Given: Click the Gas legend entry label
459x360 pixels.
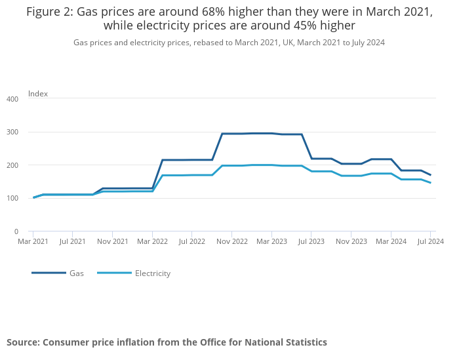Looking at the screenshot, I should point(77,273).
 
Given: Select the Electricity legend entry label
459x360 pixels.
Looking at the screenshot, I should point(152,273).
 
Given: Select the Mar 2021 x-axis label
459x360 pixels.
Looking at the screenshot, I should point(33,241).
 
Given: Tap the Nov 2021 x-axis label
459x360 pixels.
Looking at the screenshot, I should point(113,241).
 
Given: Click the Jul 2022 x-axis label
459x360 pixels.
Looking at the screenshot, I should point(192,241).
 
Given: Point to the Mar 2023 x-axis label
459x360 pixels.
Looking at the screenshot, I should point(271,241).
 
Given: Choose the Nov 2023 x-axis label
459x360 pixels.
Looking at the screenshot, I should point(351,241).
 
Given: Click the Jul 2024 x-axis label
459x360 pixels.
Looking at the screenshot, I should point(430,241).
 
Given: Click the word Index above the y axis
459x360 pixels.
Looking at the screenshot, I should point(38,94).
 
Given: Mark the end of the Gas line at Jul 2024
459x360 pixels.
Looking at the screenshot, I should point(430,175).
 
